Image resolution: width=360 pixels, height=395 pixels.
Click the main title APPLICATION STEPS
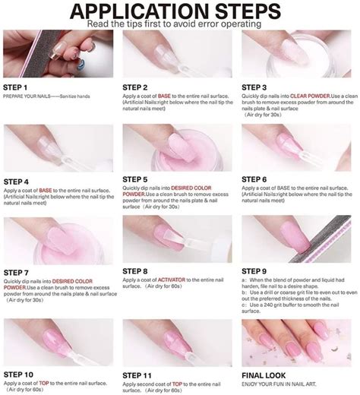point(180,10)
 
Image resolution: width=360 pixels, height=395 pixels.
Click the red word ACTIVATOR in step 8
point(174,280)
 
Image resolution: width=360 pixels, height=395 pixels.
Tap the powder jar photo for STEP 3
point(298,53)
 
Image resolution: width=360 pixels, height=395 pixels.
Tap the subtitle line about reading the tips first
point(180,23)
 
